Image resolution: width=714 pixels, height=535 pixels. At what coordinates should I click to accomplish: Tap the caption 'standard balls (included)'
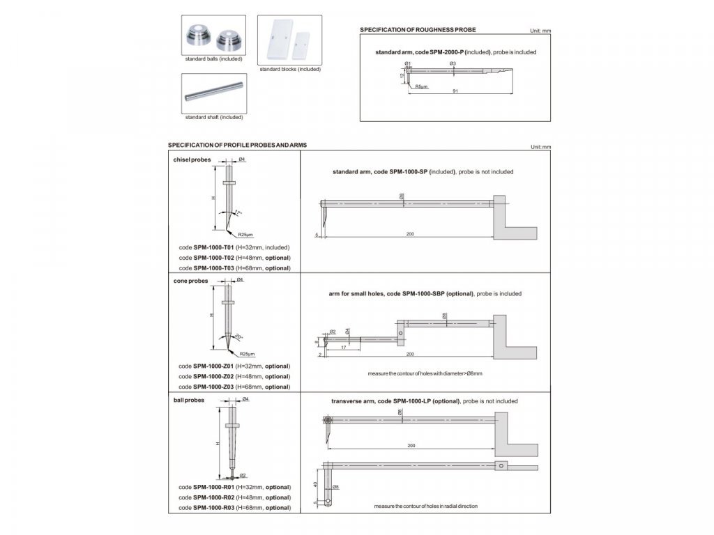click(213, 59)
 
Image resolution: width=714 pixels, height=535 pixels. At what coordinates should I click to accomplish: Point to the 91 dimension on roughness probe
click(455, 92)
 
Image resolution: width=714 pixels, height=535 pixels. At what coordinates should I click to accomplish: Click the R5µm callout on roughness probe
click(421, 87)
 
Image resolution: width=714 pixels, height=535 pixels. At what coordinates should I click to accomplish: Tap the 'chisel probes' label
click(192, 160)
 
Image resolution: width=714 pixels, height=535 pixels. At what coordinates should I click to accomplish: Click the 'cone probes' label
click(190, 281)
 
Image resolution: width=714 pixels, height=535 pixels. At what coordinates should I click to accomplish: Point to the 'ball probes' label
click(189, 401)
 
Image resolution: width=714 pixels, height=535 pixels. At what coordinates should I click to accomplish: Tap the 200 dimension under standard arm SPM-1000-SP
click(410, 234)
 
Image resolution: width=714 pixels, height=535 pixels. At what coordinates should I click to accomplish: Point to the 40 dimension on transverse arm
click(315, 484)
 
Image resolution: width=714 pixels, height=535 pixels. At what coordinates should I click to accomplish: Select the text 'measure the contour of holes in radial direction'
click(425, 506)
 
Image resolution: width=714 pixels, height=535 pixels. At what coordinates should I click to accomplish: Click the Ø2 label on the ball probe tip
click(243, 474)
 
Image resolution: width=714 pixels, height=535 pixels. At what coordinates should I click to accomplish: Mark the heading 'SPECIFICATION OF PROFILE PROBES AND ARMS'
click(237, 145)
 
